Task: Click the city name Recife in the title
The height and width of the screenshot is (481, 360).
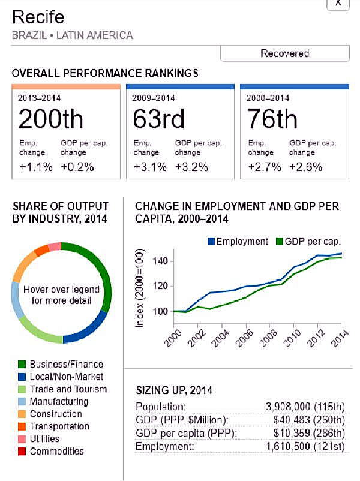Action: (38, 17)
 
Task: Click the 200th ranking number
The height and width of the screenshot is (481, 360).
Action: (50, 119)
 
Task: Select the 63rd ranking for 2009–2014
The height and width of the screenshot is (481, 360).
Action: (158, 119)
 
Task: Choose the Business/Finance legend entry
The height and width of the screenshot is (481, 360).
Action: (66, 364)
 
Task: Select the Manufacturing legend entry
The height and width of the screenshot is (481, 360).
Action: (59, 401)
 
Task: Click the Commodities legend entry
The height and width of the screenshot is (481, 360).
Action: (56, 451)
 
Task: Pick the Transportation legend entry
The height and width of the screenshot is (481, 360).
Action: (59, 426)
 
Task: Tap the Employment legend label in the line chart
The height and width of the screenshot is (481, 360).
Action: (242, 241)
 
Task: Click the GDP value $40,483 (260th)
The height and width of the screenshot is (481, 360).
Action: (308, 420)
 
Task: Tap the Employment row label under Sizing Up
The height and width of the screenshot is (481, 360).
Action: (165, 447)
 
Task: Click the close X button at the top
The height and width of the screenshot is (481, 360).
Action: (338, 3)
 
